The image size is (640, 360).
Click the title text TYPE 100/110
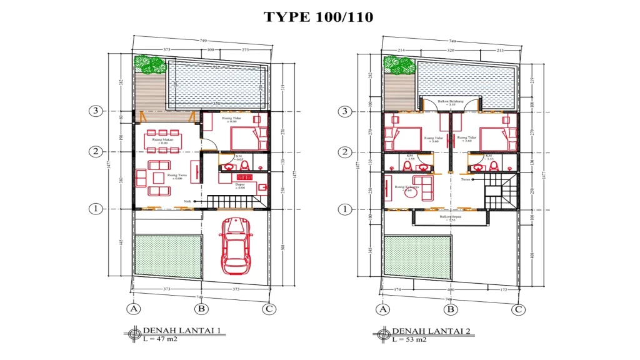pyautogui.click(x=318, y=17)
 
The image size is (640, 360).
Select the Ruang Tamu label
pyautogui.click(x=177, y=177)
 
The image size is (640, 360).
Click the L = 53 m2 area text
pyautogui.click(x=409, y=339)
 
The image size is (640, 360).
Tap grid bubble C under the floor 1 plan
pyautogui.click(x=269, y=309)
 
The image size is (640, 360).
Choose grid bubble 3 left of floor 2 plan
pyautogui.click(x=344, y=111)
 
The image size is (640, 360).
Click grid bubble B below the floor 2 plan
pyautogui.click(x=450, y=309)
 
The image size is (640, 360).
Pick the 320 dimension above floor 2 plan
pyautogui.click(x=450, y=49)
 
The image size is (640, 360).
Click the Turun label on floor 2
pyautogui.click(x=465, y=179)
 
